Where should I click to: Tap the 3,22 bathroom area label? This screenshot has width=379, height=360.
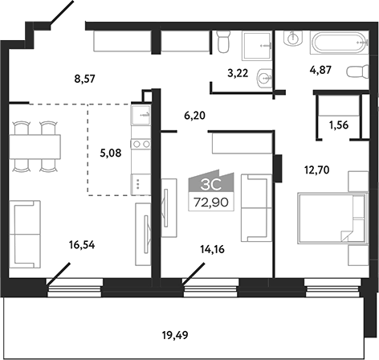click(238, 73)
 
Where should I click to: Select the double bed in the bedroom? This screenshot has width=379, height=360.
click(324, 219)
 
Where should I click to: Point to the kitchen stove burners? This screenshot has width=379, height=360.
click(141, 145)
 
